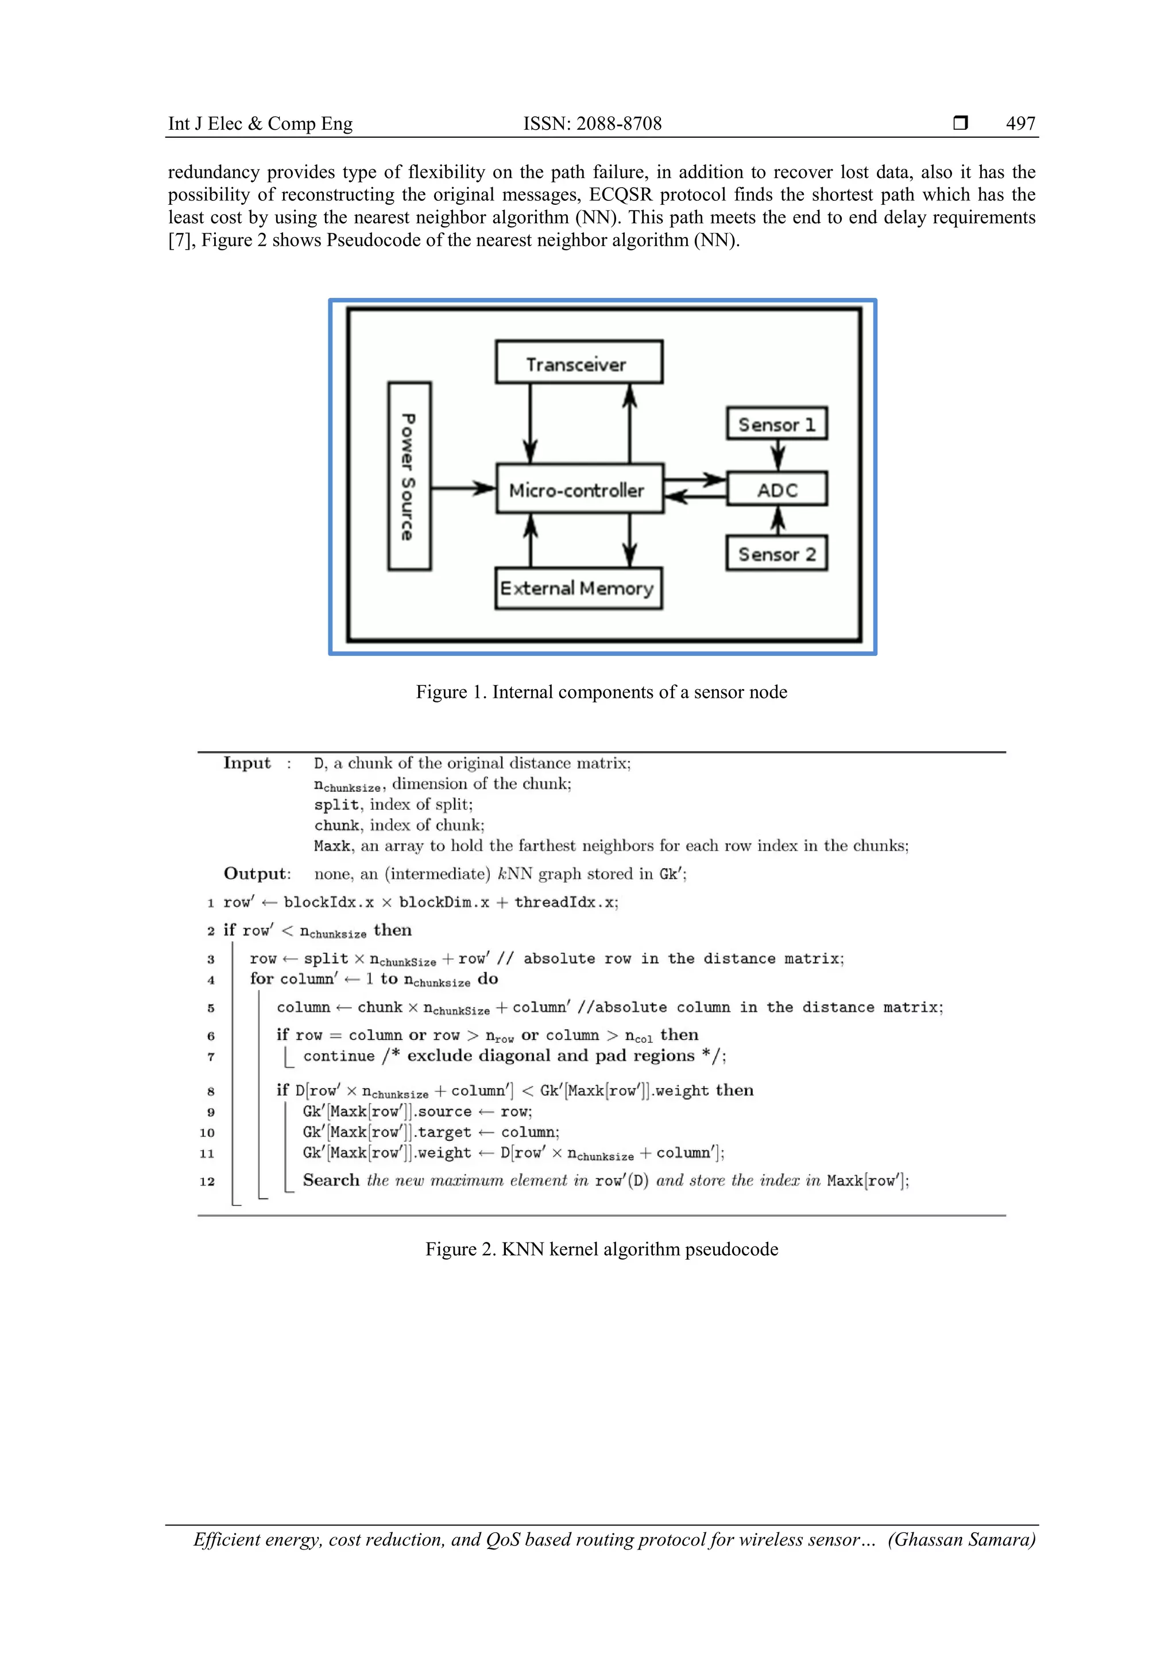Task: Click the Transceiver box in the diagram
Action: coord(579,362)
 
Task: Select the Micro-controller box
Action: coord(579,490)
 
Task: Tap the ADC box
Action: coord(777,490)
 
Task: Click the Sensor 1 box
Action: coord(777,424)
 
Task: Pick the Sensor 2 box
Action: coord(777,554)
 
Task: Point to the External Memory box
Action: coord(578,588)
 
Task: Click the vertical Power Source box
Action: coord(409,476)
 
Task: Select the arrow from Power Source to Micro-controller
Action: coord(463,488)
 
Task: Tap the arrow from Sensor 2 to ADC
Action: coord(777,521)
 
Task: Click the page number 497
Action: coord(1020,124)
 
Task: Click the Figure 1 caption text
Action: coord(601,692)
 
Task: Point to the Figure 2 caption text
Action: coord(601,1249)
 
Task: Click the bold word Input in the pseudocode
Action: coord(246,763)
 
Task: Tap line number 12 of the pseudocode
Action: coord(207,1181)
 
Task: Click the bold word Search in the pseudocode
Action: coord(331,1180)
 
